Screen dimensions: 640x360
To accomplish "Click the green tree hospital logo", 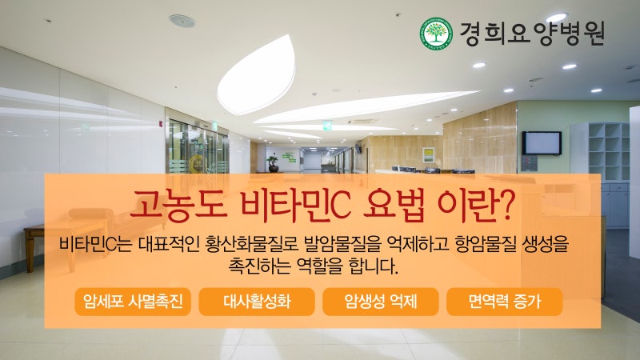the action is pyautogui.click(x=436, y=33).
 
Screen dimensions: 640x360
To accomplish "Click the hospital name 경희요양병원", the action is pyautogui.click(x=532, y=34).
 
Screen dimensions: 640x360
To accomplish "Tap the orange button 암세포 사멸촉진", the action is pyautogui.click(x=133, y=302).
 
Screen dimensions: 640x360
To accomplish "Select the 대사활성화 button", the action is pyautogui.click(x=257, y=302).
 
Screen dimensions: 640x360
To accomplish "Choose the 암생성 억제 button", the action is pyautogui.click(x=381, y=302).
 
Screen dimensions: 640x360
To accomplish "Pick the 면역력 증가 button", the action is pyautogui.click(x=505, y=302).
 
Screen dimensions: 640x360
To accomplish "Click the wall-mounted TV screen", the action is pyautogui.click(x=542, y=143).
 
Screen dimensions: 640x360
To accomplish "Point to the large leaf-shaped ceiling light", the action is pyautogui.click(x=257, y=75).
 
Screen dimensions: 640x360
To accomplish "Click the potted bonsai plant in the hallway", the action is pyautogui.click(x=273, y=164).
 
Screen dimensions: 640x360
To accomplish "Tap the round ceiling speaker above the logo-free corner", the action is pyautogui.click(x=182, y=21).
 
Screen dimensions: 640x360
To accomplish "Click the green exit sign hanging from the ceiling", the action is pyautogui.click(x=327, y=126).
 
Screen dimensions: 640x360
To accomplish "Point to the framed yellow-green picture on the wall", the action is pyautogui.click(x=428, y=155).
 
